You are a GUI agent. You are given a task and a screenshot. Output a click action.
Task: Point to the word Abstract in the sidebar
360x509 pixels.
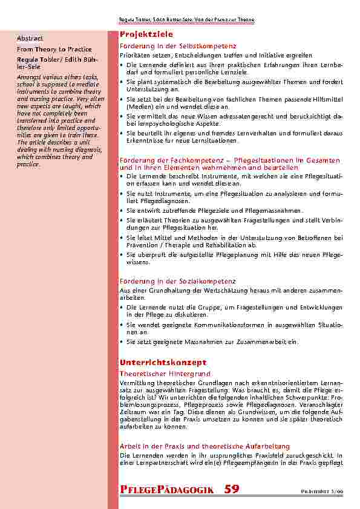tap(30, 39)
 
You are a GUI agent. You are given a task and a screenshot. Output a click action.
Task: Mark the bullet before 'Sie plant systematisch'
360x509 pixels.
tap(122, 80)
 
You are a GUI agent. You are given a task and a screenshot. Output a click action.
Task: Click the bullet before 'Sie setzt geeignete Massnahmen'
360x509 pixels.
tap(122, 342)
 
